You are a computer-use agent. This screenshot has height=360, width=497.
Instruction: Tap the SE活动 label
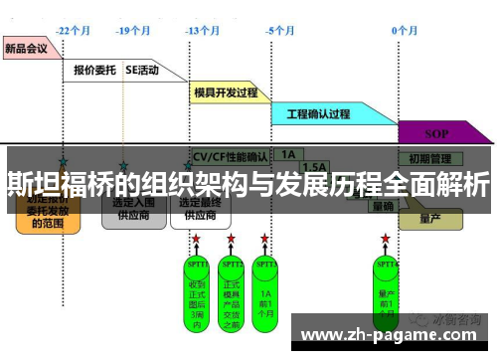(x=142, y=71)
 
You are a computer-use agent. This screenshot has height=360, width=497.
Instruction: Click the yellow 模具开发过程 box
(x=226, y=92)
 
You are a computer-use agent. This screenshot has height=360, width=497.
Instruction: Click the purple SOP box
(x=436, y=132)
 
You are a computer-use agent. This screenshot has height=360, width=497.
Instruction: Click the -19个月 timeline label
(x=131, y=31)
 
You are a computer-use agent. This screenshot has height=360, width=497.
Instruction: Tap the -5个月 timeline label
(x=281, y=31)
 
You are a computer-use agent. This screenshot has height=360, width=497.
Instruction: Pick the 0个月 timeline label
(x=404, y=31)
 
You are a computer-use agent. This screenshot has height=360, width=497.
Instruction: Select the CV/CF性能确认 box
(x=230, y=157)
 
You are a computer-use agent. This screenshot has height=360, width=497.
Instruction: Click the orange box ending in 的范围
(x=47, y=210)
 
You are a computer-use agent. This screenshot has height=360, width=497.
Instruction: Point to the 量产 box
(x=430, y=217)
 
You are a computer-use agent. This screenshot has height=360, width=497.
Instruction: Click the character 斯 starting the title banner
(x=20, y=184)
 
